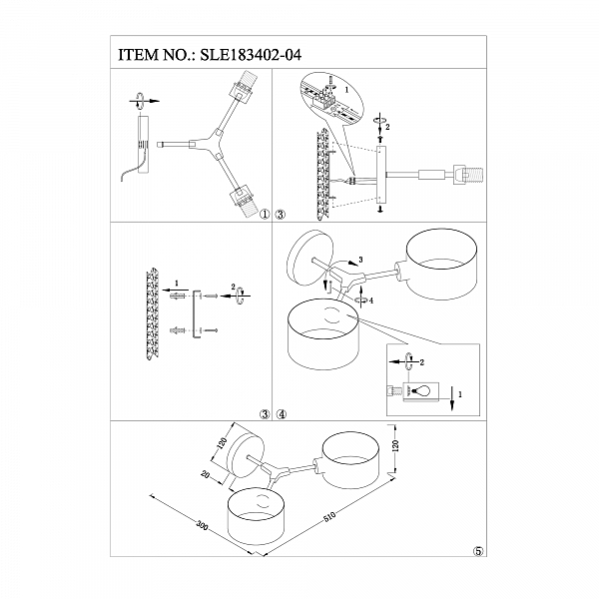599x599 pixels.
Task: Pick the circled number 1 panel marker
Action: pos(265,214)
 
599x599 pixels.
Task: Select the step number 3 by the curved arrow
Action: pos(360,261)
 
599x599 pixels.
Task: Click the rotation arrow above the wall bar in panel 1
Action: pos(141,99)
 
